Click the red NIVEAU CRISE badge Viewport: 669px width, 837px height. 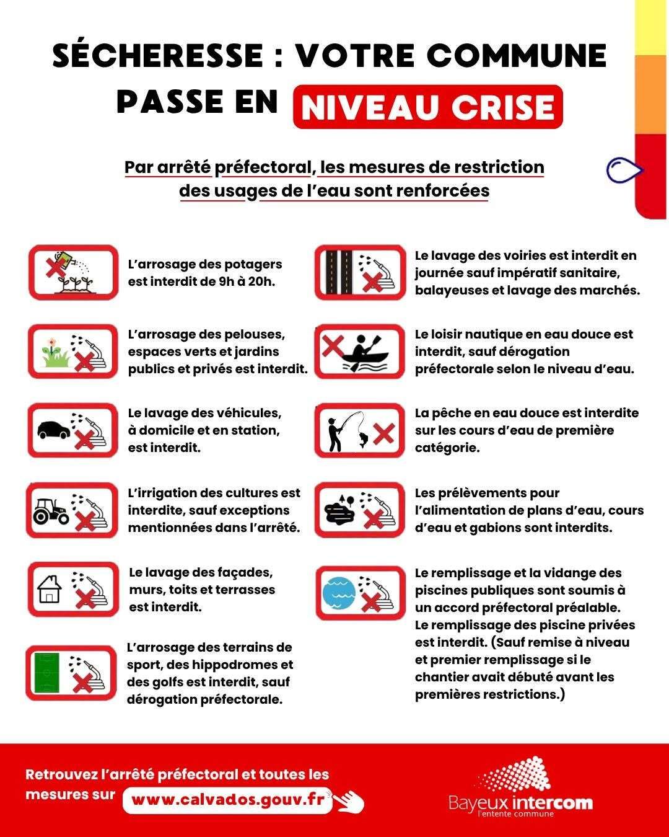(428, 107)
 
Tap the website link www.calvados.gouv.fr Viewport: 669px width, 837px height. (228, 800)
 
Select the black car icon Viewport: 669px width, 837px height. (54, 430)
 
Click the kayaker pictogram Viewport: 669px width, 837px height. (365, 353)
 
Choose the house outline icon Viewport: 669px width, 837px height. (50, 589)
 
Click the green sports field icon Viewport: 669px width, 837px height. (47, 673)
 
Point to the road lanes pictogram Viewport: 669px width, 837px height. (339, 272)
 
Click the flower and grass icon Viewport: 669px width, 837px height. (56, 352)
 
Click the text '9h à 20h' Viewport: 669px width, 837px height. (247, 281)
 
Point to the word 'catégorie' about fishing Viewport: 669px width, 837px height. (447, 448)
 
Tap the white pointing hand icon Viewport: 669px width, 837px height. (348, 801)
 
